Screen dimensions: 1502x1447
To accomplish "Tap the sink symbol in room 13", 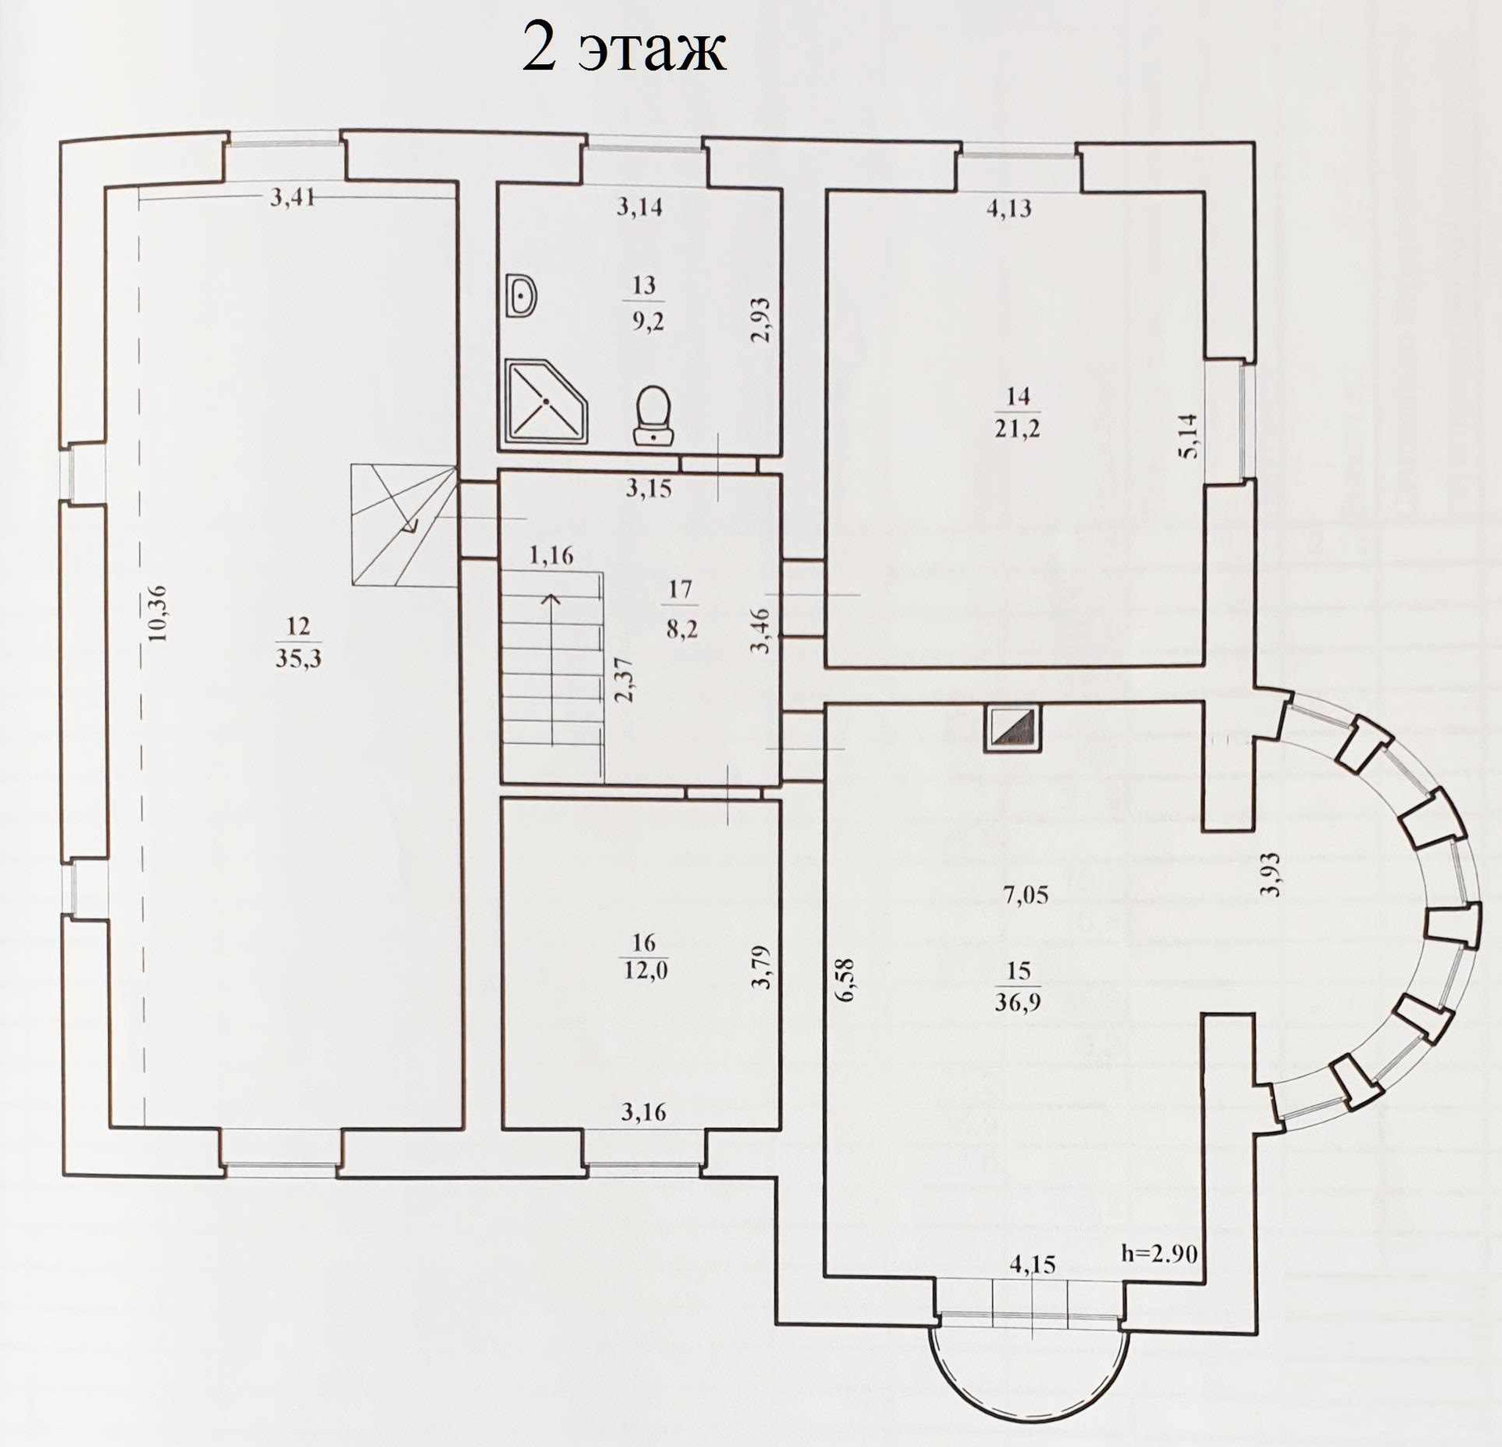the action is click(520, 296).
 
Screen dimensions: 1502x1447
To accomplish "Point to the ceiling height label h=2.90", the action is click(1159, 1254).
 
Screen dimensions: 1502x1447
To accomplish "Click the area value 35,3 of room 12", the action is click(298, 658).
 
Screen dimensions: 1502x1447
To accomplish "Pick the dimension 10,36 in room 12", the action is click(159, 613).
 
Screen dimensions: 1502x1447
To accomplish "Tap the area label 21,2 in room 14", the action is click(1018, 428).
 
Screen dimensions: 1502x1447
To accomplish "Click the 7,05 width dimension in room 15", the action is click(1026, 895).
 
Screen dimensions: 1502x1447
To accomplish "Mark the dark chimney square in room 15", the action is click(1013, 728).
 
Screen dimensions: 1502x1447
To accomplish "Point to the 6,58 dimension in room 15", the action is click(847, 980).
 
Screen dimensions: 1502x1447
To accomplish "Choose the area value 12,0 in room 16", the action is click(645, 971).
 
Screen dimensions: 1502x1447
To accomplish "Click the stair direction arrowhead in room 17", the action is click(552, 598).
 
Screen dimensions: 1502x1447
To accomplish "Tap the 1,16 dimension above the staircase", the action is click(552, 556).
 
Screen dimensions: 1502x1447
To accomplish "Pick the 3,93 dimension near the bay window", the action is click(1272, 874).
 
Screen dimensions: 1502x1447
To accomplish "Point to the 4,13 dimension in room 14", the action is click(1009, 209).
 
